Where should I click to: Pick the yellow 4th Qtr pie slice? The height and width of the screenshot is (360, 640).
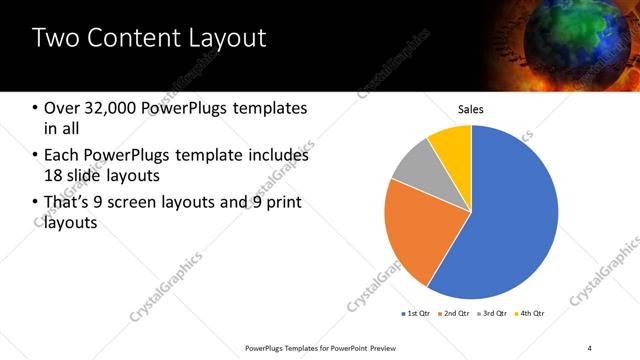(451, 145)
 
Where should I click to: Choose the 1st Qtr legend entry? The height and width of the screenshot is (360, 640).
(416, 314)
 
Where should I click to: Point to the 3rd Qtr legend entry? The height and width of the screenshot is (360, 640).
(491, 314)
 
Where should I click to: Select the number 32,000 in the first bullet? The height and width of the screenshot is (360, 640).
(117, 107)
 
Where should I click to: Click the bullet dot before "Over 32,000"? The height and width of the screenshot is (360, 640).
(36, 108)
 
